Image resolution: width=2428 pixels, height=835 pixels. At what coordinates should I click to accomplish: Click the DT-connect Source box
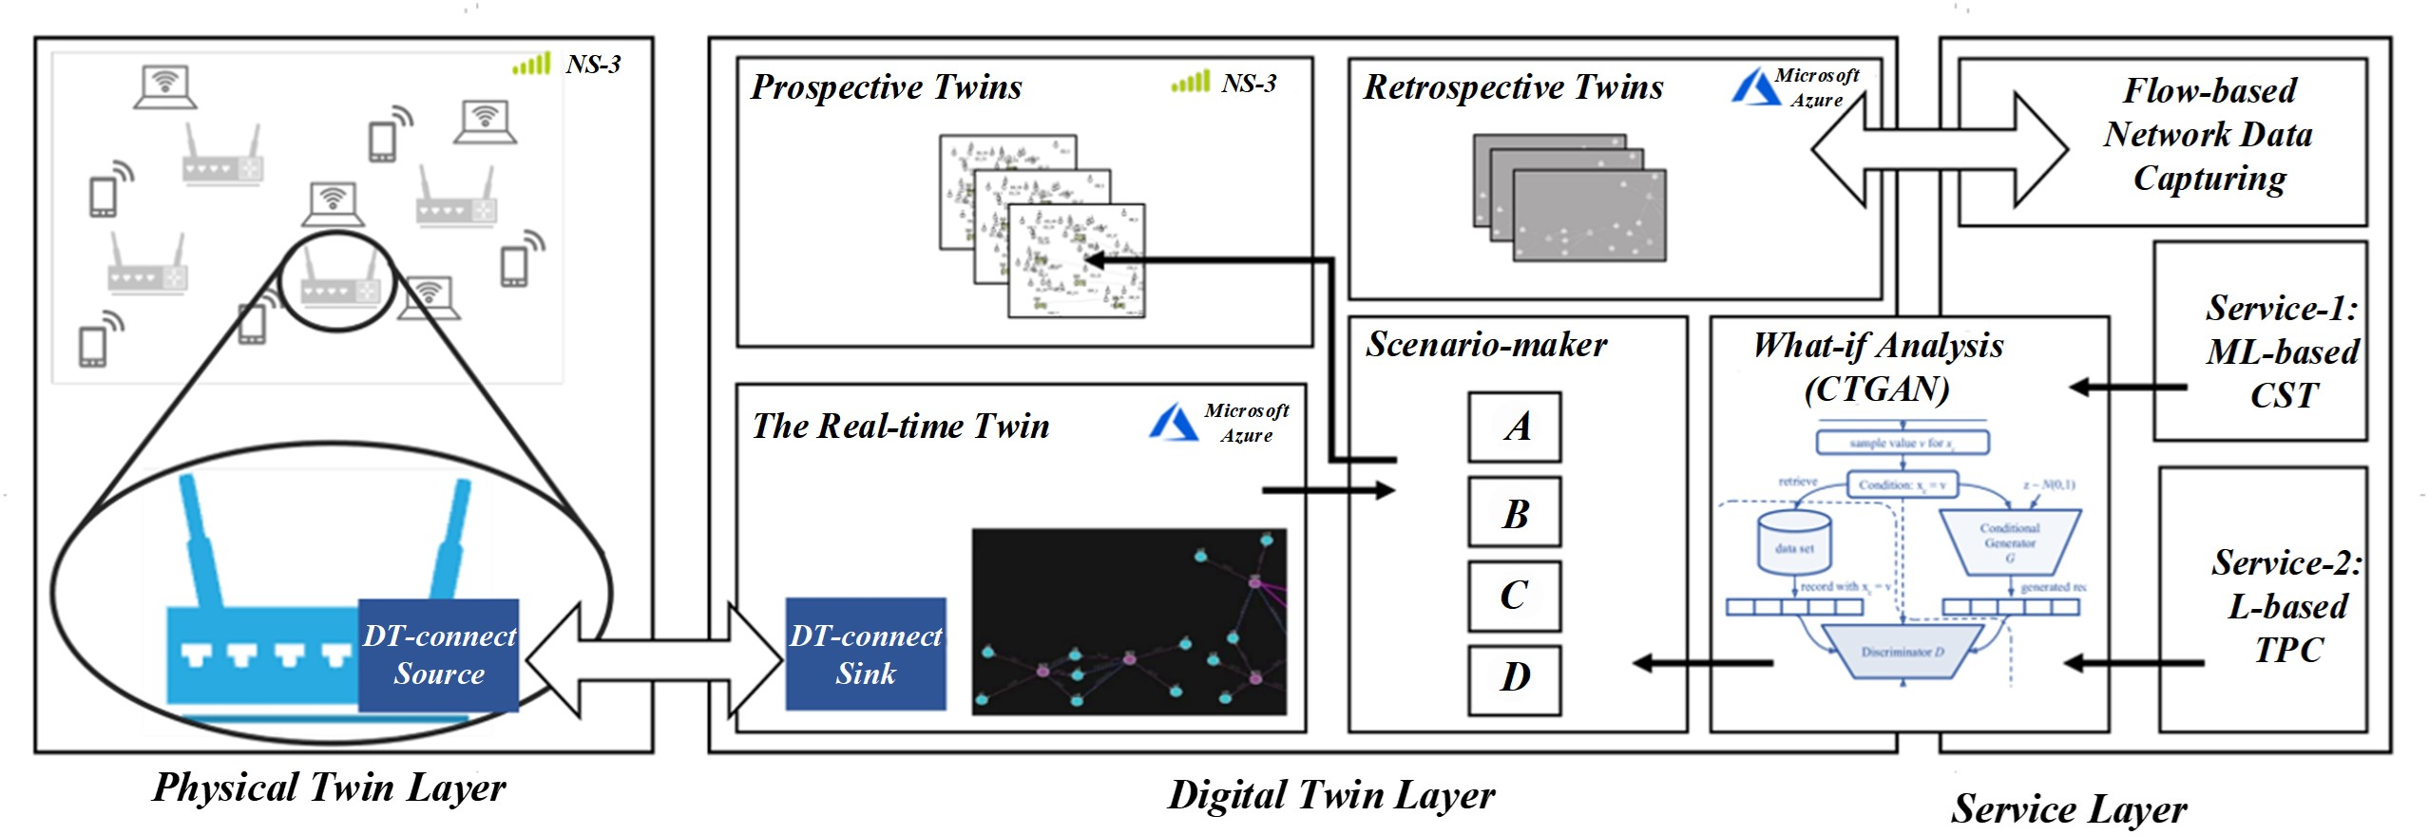(438, 655)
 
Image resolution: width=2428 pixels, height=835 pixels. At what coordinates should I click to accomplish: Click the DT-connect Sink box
(866, 655)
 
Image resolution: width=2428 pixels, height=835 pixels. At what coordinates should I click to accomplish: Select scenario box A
(1515, 427)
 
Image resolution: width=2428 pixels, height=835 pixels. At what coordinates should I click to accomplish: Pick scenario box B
(1515, 512)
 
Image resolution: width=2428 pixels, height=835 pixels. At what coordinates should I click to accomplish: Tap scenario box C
(1515, 596)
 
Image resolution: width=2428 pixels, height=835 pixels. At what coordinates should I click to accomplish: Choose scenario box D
(1515, 679)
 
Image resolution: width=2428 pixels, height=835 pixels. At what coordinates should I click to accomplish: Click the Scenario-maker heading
(1486, 345)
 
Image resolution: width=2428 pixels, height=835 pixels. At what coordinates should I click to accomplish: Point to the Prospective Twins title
(886, 87)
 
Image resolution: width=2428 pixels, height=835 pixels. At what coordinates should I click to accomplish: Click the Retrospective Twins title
(1514, 87)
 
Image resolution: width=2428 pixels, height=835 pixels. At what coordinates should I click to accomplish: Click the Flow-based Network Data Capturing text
(2208, 135)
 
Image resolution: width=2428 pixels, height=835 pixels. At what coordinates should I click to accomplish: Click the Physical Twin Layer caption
(329, 788)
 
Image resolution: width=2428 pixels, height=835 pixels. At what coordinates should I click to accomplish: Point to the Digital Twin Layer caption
(1331, 795)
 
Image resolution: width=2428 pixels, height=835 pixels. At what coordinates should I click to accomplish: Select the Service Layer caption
(2069, 808)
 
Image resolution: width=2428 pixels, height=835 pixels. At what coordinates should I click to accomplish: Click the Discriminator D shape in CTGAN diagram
(1902, 653)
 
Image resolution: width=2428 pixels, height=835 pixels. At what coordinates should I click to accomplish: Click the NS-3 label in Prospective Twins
(1249, 84)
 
